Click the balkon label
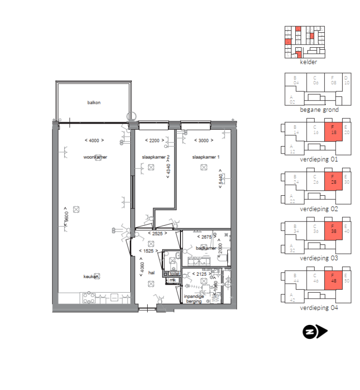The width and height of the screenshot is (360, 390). [x=94, y=103]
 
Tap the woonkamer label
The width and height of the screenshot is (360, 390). [x=95, y=157]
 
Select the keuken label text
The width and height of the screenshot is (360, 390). [x=91, y=277]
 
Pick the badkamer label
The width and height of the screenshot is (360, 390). [x=206, y=248]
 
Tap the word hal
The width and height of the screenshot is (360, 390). [x=151, y=272]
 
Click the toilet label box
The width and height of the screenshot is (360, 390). [x=174, y=273]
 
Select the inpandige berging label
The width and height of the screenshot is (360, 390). [x=194, y=299]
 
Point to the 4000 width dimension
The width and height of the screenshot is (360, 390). [x=94, y=140]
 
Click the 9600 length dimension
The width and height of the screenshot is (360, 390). [x=67, y=216]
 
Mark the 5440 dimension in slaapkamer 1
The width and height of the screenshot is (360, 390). [x=220, y=180]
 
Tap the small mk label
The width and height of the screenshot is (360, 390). [x=172, y=280]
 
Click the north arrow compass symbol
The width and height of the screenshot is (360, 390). [x=315, y=332]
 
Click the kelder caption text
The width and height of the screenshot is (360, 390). [x=308, y=62]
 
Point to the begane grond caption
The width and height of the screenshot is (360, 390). [x=319, y=110]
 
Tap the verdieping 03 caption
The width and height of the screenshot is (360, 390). [x=319, y=258]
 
